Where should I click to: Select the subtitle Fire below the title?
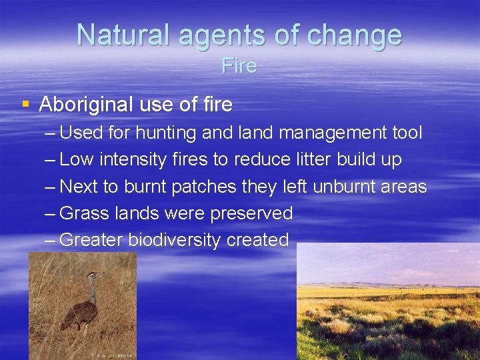click(239, 66)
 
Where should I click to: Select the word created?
click(257, 240)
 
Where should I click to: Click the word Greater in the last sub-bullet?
click(91, 240)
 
